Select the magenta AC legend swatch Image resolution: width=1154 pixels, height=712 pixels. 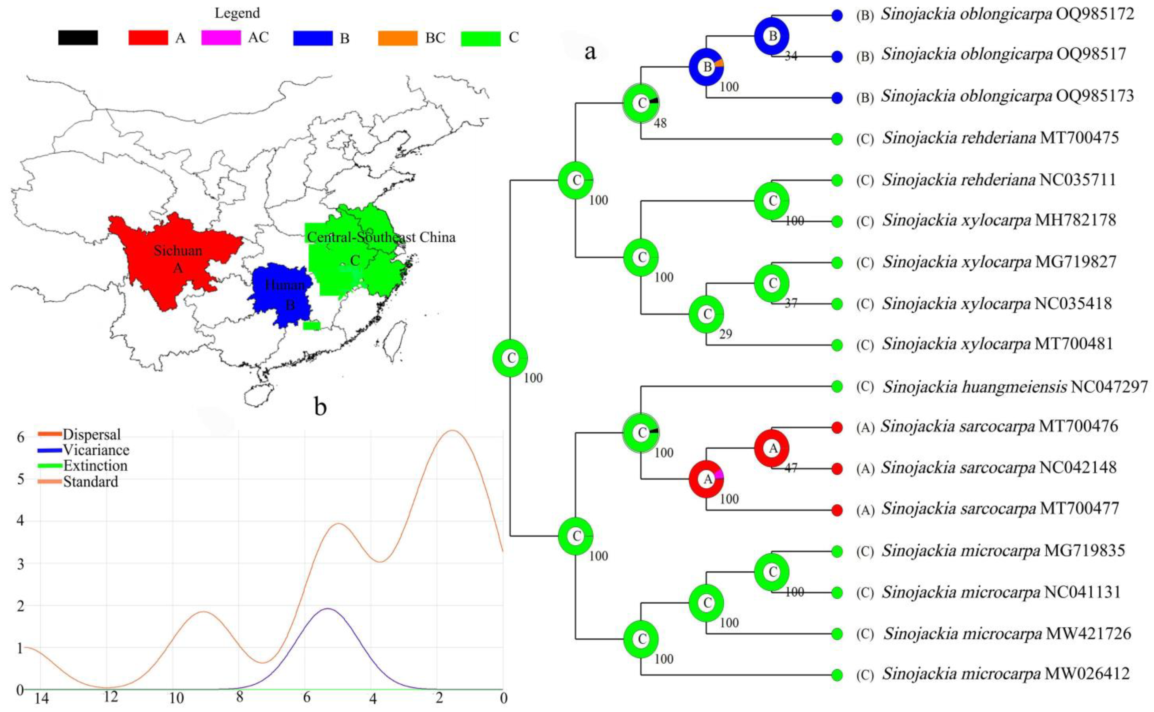221,38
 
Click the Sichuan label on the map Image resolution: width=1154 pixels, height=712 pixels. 178,251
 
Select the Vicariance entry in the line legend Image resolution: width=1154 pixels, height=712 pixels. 96,450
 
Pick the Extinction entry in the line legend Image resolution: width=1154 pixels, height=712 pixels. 95,466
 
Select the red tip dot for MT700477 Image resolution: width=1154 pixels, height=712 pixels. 836,510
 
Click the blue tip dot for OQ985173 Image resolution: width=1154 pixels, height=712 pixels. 836,98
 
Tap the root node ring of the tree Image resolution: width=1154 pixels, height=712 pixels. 510,358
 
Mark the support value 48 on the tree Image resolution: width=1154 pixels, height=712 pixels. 660,123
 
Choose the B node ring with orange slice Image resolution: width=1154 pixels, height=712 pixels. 706,67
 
